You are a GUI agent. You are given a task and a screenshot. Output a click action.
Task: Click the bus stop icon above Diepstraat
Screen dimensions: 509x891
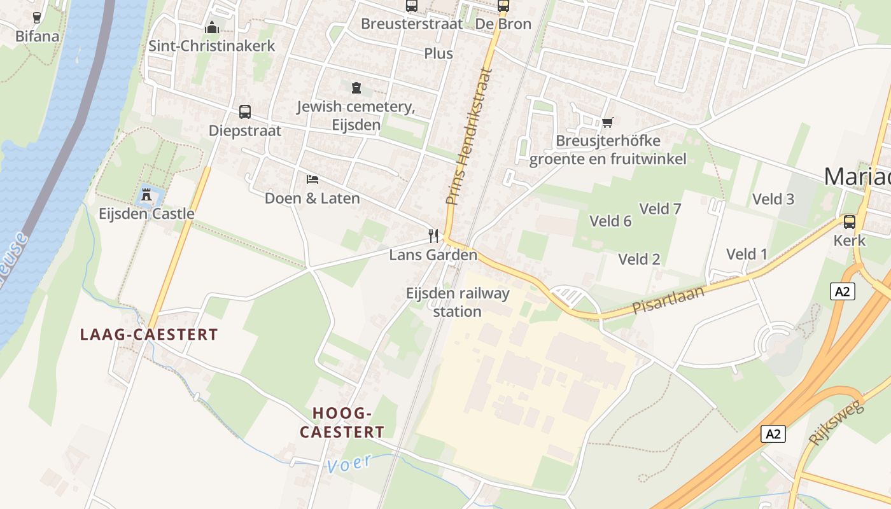click(245, 112)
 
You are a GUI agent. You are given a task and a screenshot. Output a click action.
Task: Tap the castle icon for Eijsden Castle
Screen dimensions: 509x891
click(146, 195)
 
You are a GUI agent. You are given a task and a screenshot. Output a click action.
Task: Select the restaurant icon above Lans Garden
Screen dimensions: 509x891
click(433, 236)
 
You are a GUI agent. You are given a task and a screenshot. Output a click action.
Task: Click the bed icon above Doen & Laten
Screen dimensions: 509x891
click(312, 179)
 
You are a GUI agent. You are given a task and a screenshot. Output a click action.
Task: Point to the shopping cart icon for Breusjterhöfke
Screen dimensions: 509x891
click(607, 122)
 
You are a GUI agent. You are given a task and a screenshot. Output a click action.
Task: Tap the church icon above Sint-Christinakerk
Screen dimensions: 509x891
click(212, 27)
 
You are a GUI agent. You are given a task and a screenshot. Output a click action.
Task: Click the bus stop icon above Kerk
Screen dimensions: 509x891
click(849, 222)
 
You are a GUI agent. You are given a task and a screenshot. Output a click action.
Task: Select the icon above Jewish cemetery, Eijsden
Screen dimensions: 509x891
click(356, 88)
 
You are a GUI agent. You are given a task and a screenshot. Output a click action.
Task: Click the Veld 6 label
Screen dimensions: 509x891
click(610, 221)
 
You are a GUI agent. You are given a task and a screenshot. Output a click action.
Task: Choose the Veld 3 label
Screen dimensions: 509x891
click(773, 199)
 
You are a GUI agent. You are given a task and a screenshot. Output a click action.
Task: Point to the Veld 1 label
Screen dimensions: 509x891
click(747, 254)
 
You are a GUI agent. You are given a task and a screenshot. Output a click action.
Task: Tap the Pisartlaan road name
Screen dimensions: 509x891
click(668, 300)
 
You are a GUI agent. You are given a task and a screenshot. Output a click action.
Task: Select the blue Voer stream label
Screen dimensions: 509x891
click(349, 463)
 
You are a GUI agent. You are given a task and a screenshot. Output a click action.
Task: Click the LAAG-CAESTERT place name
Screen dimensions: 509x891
click(149, 335)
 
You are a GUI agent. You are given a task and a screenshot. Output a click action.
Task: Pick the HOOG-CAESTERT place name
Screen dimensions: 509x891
click(342, 422)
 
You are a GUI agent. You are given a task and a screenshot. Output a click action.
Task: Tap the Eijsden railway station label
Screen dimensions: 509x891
click(458, 302)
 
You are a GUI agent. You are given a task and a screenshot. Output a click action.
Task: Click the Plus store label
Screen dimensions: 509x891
click(438, 53)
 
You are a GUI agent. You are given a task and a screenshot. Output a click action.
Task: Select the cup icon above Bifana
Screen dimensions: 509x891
click(37, 17)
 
